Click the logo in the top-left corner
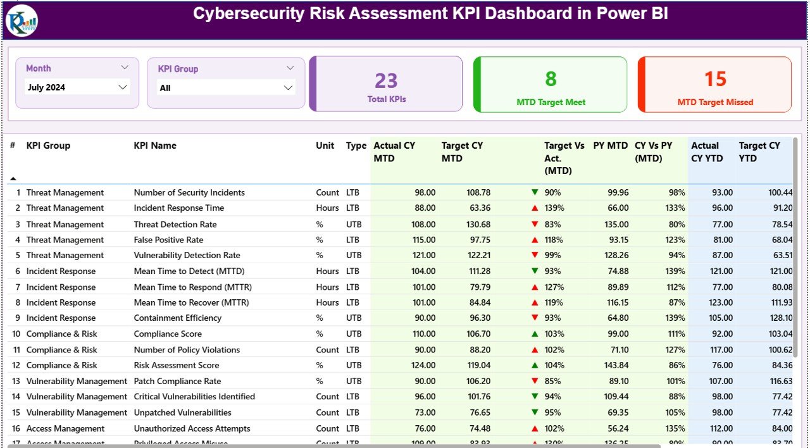pos(22,20)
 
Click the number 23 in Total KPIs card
pos(386,80)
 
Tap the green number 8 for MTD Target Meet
pos(551,78)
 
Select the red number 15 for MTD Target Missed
pos(715,78)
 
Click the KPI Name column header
pos(155,146)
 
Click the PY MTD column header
pos(610,146)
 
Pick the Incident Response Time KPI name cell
pos(178,208)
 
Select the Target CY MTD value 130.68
pos(478,224)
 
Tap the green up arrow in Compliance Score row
pos(535,333)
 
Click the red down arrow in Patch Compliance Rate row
pos(535,381)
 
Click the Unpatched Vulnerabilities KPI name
pos(182,413)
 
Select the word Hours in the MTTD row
pos(327,271)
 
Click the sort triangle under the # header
pos(13,178)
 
